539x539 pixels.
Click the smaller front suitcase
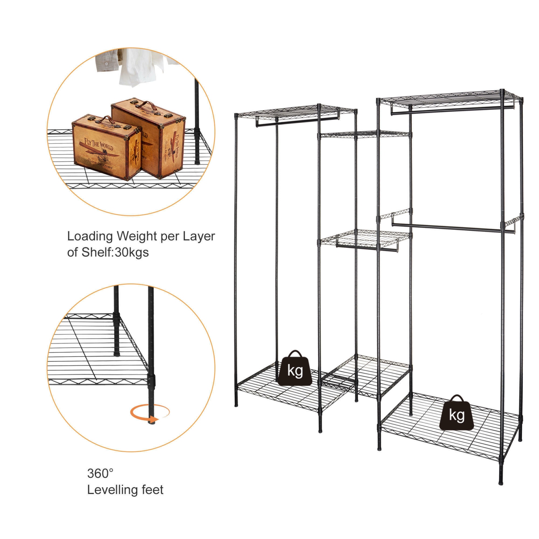106,147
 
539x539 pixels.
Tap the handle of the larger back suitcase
146,105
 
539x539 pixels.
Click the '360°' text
100,473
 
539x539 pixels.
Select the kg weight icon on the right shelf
457,413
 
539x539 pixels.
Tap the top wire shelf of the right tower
449,98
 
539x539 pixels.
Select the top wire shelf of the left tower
295,112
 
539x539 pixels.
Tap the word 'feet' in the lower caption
152,490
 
